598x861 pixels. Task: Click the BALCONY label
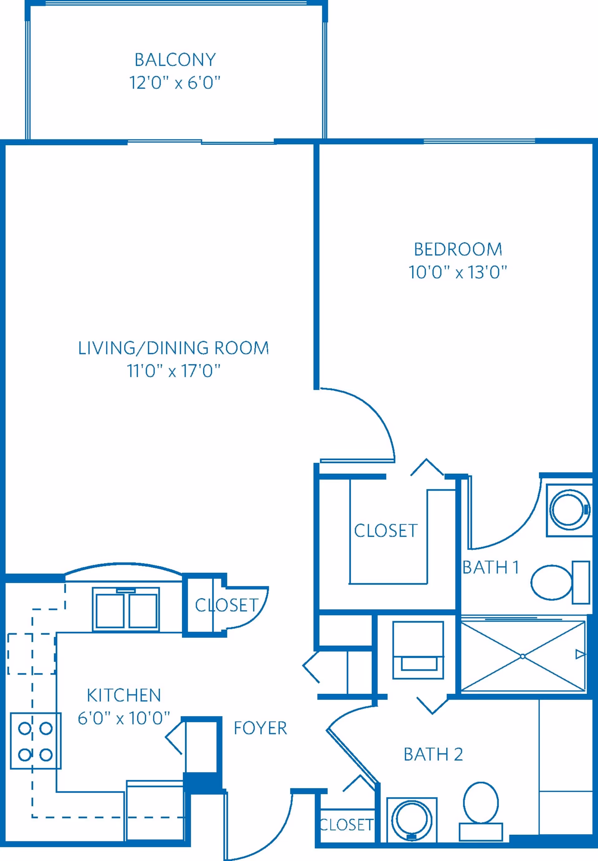(x=175, y=60)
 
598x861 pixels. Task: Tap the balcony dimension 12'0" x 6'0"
(x=175, y=83)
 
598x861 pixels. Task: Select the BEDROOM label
(x=458, y=249)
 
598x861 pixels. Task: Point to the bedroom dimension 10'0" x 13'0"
(x=458, y=272)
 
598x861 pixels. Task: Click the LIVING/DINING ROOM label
(x=173, y=348)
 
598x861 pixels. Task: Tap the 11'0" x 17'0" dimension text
(x=173, y=371)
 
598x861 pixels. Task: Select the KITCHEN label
(x=124, y=695)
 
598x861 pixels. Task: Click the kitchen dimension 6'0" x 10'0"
(x=124, y=718)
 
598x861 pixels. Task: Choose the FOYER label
(x=260, y=728)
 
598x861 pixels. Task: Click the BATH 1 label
(x=491, y=567)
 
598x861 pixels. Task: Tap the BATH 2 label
(x=433, y=755)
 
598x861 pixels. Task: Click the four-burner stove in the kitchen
(x=36, y=741)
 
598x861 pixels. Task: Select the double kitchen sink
(x=126, y=609)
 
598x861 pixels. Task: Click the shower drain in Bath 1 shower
(x=522, y=656)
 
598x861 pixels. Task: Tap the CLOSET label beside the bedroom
(x=386, y=531)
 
